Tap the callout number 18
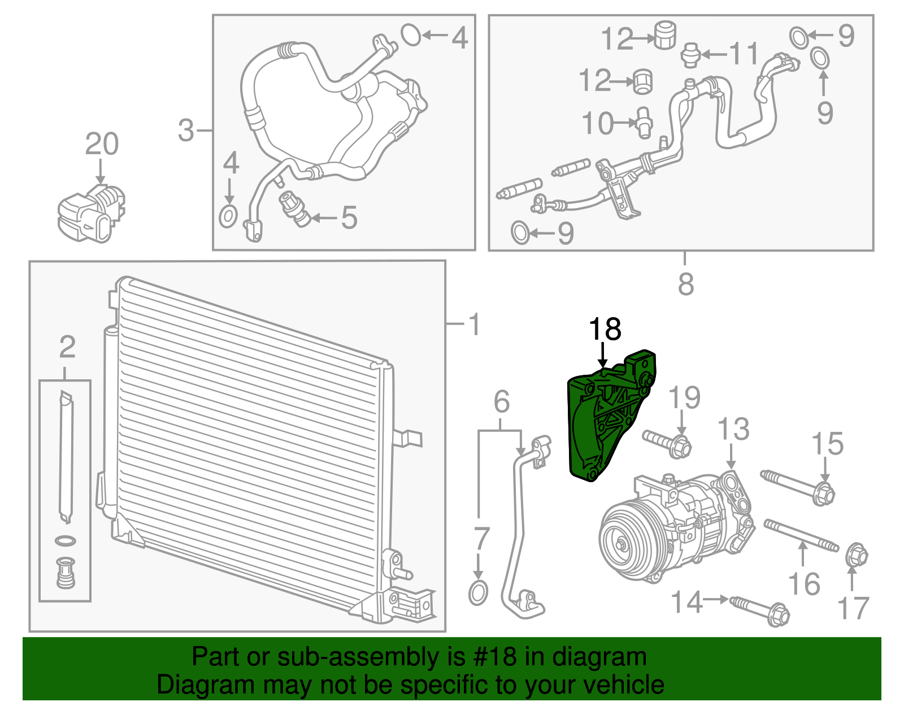pyautogui.click(x=605, y=330)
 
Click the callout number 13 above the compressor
pyautogui.click(x=733, y=430)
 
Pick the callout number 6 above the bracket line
pyautogui.click(x=501, y=402)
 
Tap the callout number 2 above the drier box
pyautogui.click(x=67, y=347)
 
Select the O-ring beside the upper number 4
pyautogui.click(x=411, y=35)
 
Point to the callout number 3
pyautogui.click(x=186, y=131)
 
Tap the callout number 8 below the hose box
pyautogui.click(x=685, y=284)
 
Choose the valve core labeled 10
pyautogui.click(x=644, y=122)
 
